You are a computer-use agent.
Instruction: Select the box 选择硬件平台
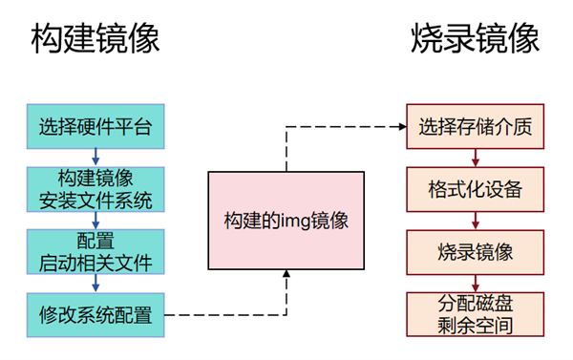(x=95, y=125)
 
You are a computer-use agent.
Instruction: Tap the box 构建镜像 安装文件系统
(x=95, y=188)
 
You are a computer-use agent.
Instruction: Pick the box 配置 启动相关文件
(x=95, y=250)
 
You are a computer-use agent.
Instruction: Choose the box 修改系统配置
(x=95, y=313)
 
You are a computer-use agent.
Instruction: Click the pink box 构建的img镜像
(x=286, y=221)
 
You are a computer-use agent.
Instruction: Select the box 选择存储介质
(x=475, y=125)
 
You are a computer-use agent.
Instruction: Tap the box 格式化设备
(x=475, y=188)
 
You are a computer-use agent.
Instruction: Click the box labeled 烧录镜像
(x=475, y=251)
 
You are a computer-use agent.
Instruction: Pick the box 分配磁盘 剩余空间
(x=475, y=313)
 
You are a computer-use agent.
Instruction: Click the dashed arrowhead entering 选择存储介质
(x=400, y=125)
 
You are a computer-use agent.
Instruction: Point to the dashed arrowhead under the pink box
(x=286, y=276)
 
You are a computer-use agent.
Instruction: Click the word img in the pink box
(x=291, y=221)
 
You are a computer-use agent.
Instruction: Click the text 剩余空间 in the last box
(x=475, y=325)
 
